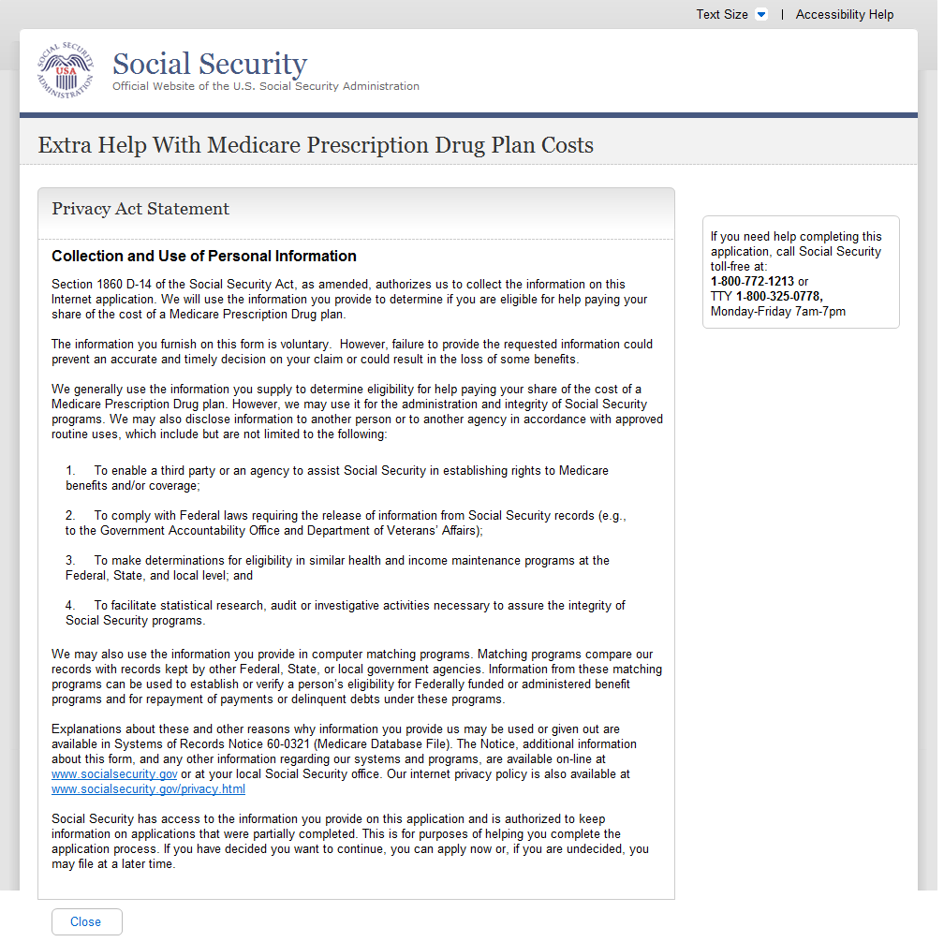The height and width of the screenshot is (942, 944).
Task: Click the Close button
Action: click(x=86, y=921)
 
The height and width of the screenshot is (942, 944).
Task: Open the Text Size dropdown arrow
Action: click(x=761, y=14)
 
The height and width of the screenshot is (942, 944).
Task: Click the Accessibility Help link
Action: click(x=844, y=14)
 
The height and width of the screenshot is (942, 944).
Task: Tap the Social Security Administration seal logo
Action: click(x=66, y=70)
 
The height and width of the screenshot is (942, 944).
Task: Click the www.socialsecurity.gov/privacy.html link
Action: click(x=148, y=789)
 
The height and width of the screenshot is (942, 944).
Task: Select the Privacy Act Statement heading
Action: click(x=140, y=209)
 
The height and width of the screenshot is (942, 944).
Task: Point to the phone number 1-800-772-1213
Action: click(x=752, y=281)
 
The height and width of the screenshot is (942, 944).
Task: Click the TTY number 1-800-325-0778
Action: click(x=778, y=296)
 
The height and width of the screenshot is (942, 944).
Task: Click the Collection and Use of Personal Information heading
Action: click(x=204, y=256)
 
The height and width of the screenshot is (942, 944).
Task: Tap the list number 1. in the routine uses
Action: click(x=70, y=471)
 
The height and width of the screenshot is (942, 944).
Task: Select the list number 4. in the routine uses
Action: click(x=70, y=606)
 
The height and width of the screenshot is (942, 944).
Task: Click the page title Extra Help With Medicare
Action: click(x=316, y=145)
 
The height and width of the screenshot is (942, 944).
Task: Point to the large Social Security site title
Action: click(x=210, y=64)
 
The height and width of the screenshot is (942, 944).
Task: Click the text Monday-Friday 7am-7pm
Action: click(x=777, y=311)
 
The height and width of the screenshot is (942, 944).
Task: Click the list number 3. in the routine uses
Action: click(x=70, y=561)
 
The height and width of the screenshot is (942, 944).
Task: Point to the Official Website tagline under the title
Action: click(x=266, y=86)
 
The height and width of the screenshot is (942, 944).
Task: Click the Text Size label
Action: click(x=721, y=14)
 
